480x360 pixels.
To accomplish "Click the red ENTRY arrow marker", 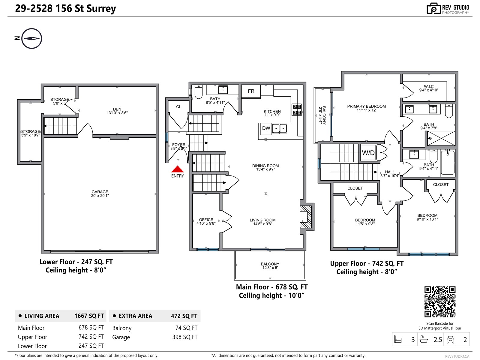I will click(x=177, y=169).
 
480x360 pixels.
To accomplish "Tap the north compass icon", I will click(x=31, y=38).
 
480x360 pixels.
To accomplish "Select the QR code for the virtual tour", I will click(x=440, y=302).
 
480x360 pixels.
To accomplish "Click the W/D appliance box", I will click(x=368, y=153).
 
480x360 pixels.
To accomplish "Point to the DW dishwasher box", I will click(x=266, y=128).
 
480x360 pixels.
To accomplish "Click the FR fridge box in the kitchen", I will click(x=251, y=91).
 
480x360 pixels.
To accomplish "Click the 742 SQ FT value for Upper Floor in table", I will click(x=91, y=337).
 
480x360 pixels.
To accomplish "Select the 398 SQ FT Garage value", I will click(x=185, y=337).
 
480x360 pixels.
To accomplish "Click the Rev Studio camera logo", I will click(x=433, y=9).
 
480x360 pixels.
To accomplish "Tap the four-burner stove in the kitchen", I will click(x=297, y=110).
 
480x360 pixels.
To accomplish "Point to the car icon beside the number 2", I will click(x=451, y=340).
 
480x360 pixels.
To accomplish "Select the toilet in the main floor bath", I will click(x=199, y=92).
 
